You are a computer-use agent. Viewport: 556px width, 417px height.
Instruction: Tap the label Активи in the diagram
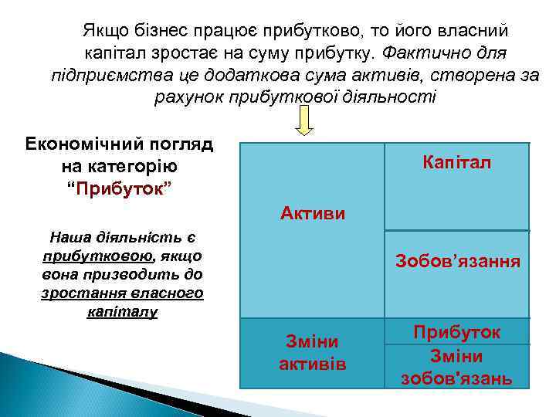tap(313, 212)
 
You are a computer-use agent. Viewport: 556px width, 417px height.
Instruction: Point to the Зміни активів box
tap(312, 352)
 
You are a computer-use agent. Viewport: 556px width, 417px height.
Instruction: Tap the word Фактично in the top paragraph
tap(415, 54)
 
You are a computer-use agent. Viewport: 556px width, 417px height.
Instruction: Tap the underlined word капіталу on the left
tap(122, 311)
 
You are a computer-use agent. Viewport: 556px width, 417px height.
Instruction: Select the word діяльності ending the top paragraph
tap(394, 98)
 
